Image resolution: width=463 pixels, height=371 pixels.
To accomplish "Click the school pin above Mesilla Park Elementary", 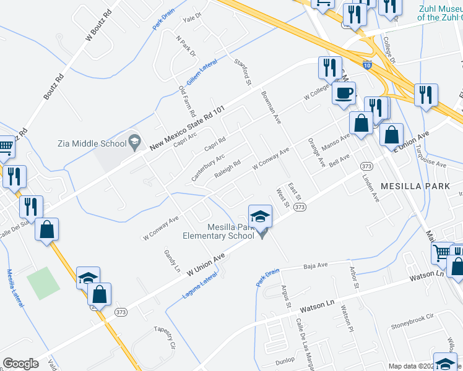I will click(260, 216).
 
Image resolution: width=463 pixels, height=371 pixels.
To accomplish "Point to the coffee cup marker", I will click(344, 93).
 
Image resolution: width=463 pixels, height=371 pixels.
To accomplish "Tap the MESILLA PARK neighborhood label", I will click(412, 185).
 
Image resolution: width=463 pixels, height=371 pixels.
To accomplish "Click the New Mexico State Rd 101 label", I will click(187, 129).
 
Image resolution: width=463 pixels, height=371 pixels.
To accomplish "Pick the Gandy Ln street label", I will click(171, 262).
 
